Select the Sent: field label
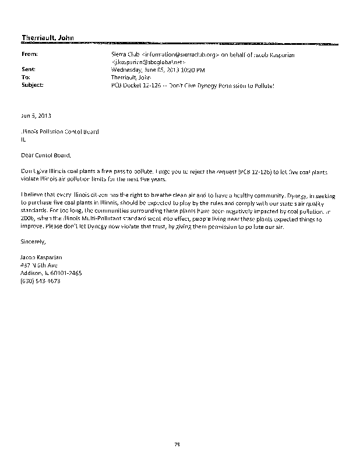28,69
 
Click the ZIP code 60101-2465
67,273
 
